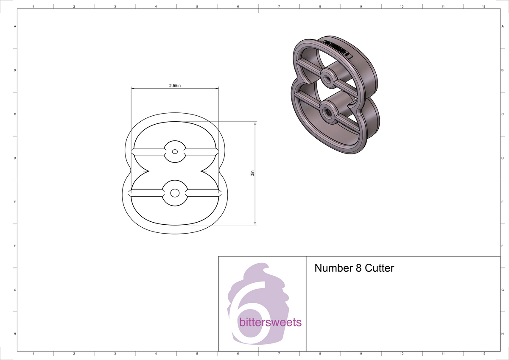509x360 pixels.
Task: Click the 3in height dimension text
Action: tap(252, 173)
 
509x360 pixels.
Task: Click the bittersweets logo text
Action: tap(270, 323)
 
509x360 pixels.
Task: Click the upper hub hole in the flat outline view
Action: tap(174, 151)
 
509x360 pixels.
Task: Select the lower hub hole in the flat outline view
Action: tap(174, 193)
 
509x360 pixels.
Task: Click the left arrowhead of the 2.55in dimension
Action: tap(132, 88)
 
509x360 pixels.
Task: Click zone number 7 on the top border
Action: tap(279, 7)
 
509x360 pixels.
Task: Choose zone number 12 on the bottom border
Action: tap(484, 353)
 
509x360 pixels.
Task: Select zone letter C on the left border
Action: tap(15, 114)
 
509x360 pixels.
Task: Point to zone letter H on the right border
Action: tap(502, 334)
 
